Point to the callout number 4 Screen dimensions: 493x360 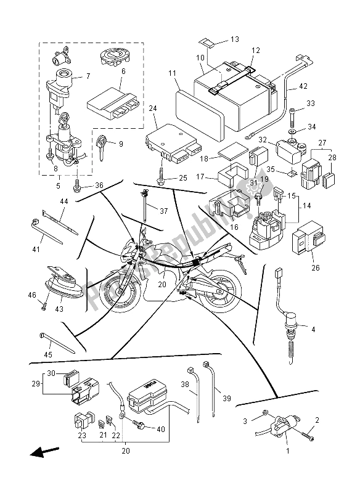[313, 330]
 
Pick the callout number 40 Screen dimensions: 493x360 [162, 430]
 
